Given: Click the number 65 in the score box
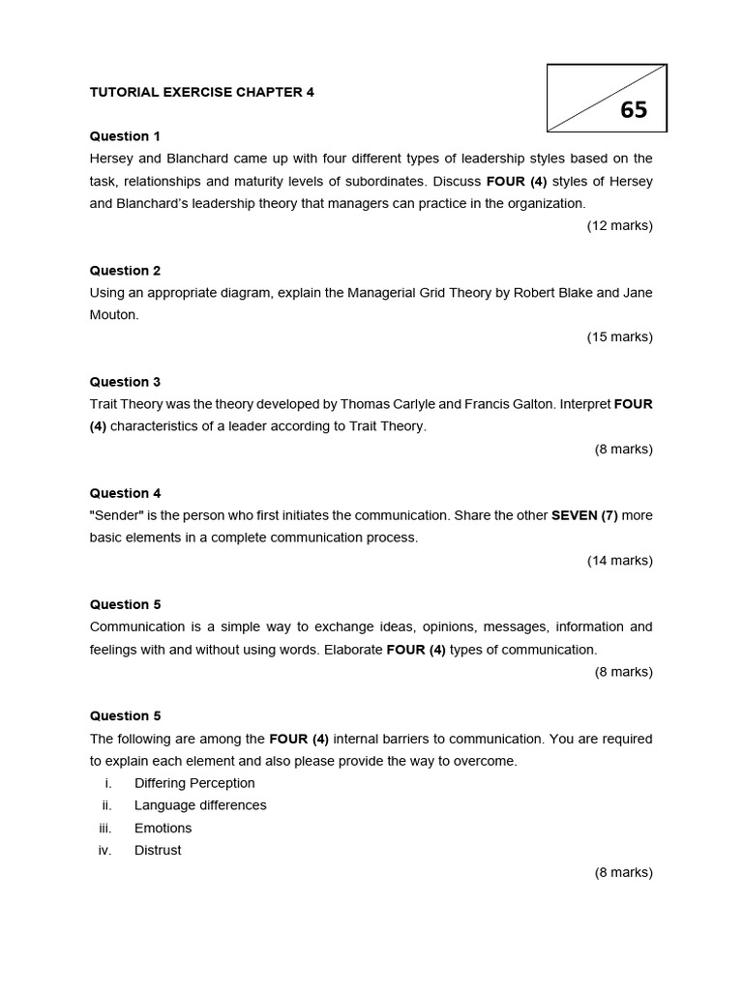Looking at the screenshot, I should (x=634, y=110).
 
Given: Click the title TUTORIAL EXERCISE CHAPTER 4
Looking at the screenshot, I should (x=202, y=92).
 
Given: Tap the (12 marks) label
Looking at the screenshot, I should (x=619, y=225).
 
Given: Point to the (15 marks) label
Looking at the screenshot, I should (x=619, y=336).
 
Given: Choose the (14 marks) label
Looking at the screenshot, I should (x=619, y=560).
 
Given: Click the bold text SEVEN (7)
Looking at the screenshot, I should (x=584, y=515).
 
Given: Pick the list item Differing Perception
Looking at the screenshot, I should (x=194, y=783).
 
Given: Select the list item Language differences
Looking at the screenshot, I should (x=200, y=805).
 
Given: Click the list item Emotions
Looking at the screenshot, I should (x=163, y=828).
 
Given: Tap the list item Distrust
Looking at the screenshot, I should (x=158, y=850).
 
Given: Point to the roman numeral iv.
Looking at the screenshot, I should (x=105, y=850).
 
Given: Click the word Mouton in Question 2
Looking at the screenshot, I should (x=114, y=315).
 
